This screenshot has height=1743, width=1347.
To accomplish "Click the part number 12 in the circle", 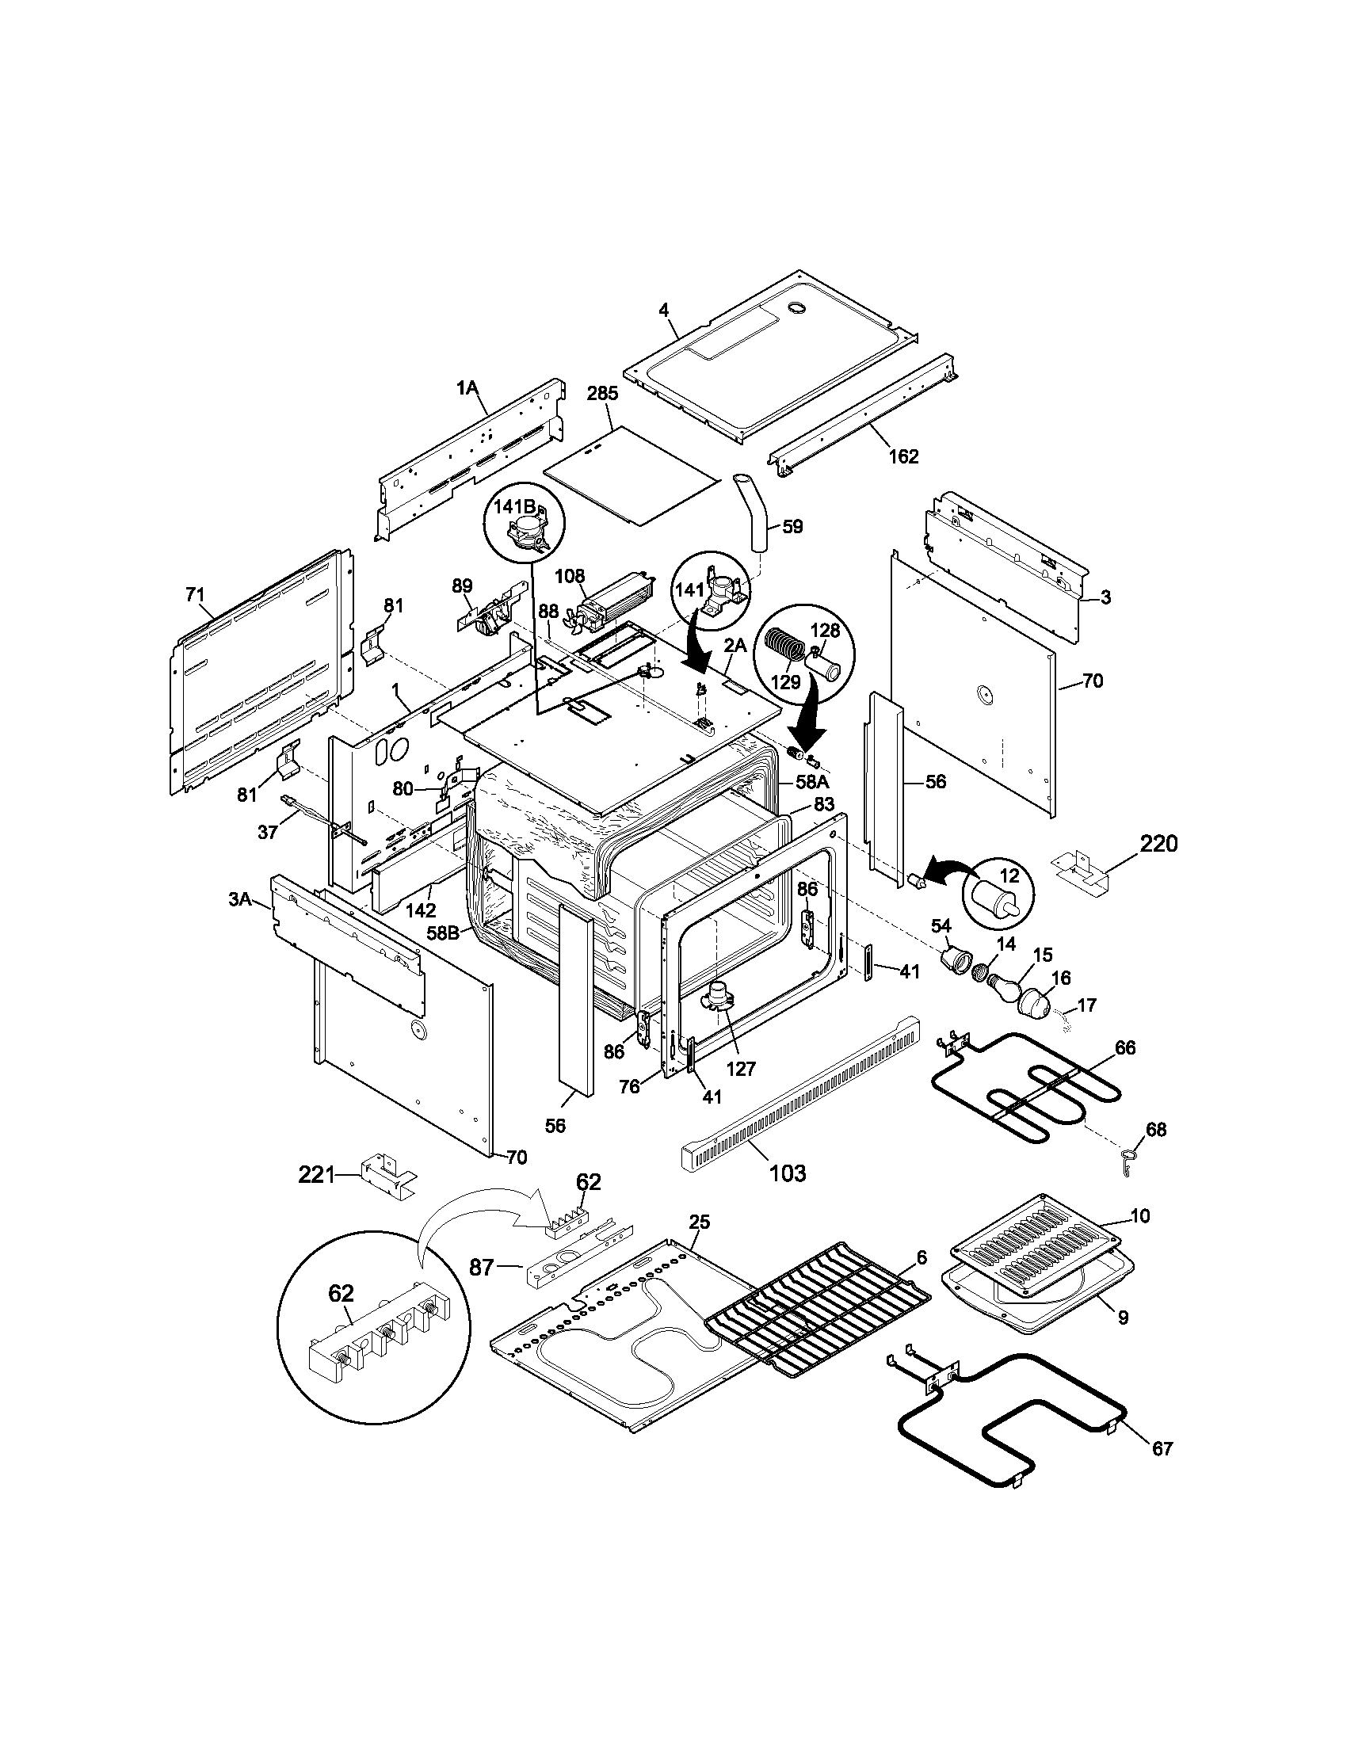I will click(1009, 875).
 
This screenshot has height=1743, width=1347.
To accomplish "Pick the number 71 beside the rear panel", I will click(195, 594).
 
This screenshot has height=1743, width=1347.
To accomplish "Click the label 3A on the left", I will click(239, 900).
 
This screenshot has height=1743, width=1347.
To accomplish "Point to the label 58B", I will click(442, 932).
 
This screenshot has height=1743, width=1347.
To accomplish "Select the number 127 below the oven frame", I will click(742, 1068).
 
